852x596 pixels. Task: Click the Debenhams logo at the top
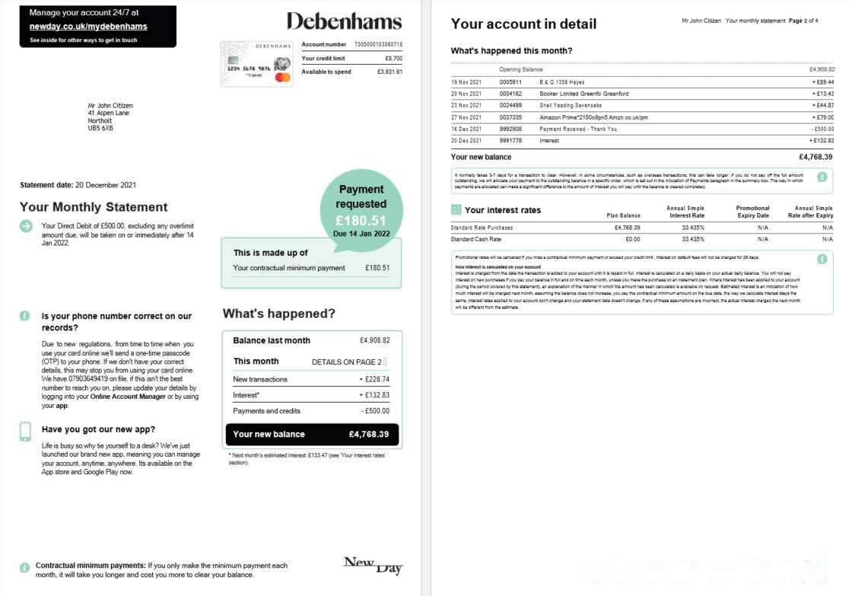tap(345, 21)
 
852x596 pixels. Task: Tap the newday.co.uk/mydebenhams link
tap(88, 27)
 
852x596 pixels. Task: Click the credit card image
tap(256, 64)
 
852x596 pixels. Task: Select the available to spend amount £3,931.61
tap(389, 72)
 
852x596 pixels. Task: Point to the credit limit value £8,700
tap(393, 58)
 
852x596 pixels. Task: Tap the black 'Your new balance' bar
tap(311, 435)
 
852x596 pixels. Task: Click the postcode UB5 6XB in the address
tap(100, 128)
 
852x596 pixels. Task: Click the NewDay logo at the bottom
tap(373, 565)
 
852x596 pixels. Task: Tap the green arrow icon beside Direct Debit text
tap(26, 225)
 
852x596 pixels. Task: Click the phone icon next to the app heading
tap(25, 432)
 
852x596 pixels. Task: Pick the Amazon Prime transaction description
tap(593, 117)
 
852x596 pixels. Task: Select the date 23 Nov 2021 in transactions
tap(466, 105)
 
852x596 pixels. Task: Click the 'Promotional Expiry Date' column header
tap(752, 212)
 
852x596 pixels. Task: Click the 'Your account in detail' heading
tap(523, 24)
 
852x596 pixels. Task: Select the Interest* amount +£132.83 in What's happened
tap(374, 395)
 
